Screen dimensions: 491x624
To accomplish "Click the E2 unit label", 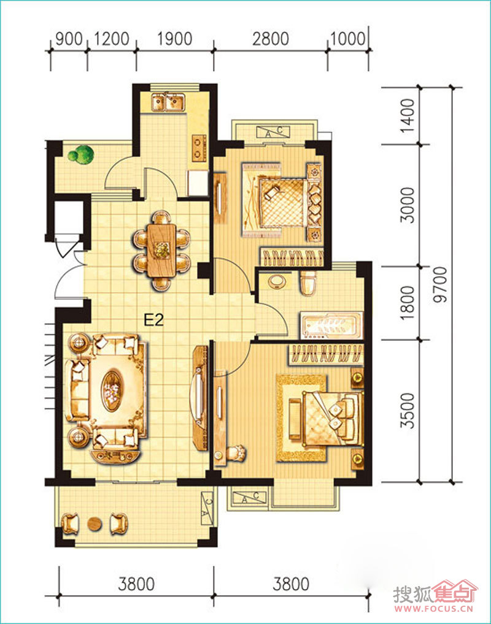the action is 153,319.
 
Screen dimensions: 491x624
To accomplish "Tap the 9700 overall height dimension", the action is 441,285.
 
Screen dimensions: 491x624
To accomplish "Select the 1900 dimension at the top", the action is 174,39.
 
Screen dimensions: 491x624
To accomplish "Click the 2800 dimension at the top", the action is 271,39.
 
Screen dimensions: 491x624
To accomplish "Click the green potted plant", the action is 81,154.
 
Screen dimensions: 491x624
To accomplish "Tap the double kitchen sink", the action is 168,102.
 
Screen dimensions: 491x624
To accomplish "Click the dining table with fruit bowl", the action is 161,250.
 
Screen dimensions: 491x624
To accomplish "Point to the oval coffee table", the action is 112,391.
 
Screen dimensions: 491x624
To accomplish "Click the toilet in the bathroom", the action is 307,283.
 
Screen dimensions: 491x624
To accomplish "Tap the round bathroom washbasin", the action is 277,281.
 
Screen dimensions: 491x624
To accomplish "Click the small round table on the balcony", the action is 95,523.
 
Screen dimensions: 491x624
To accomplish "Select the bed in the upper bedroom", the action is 284,202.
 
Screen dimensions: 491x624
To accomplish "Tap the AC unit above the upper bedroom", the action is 273,131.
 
